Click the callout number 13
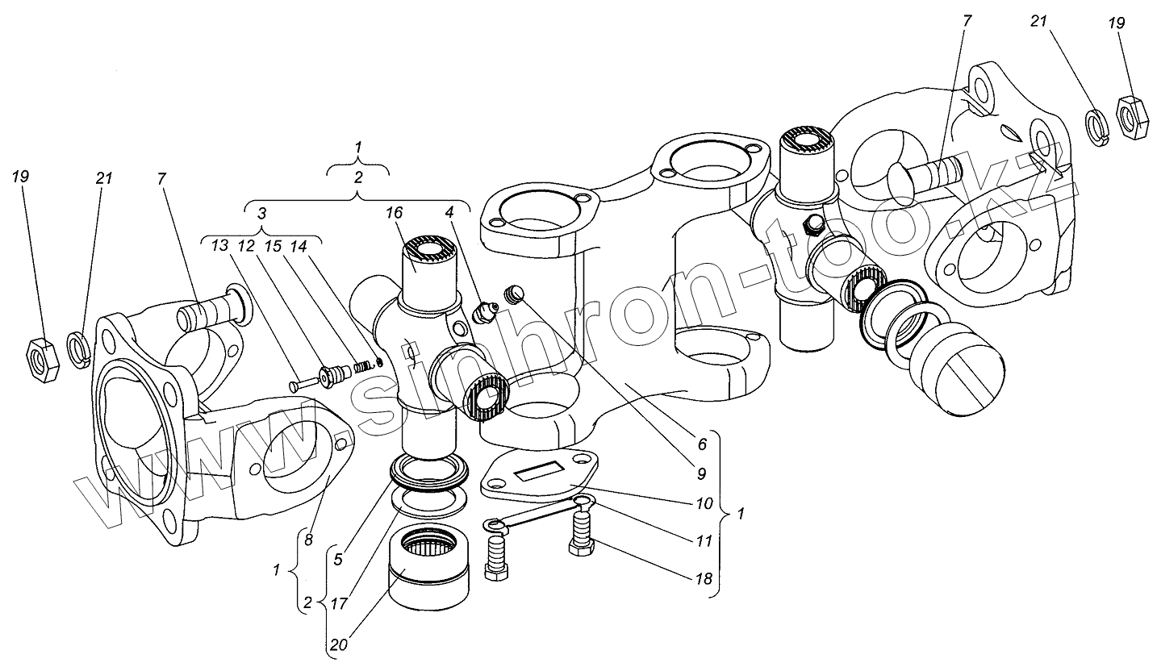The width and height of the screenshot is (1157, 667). click(x=219, y=246)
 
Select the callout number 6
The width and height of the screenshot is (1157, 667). click(x=701, y=443)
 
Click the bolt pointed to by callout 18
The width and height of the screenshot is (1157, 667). click(x=583, y=533)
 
